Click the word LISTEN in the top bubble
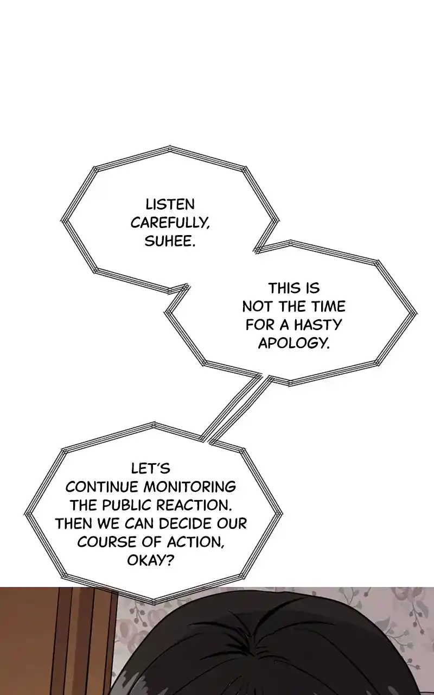[170, 205]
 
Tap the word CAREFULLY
[170, 223]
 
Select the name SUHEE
[170, 242]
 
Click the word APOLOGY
[293, 343]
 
